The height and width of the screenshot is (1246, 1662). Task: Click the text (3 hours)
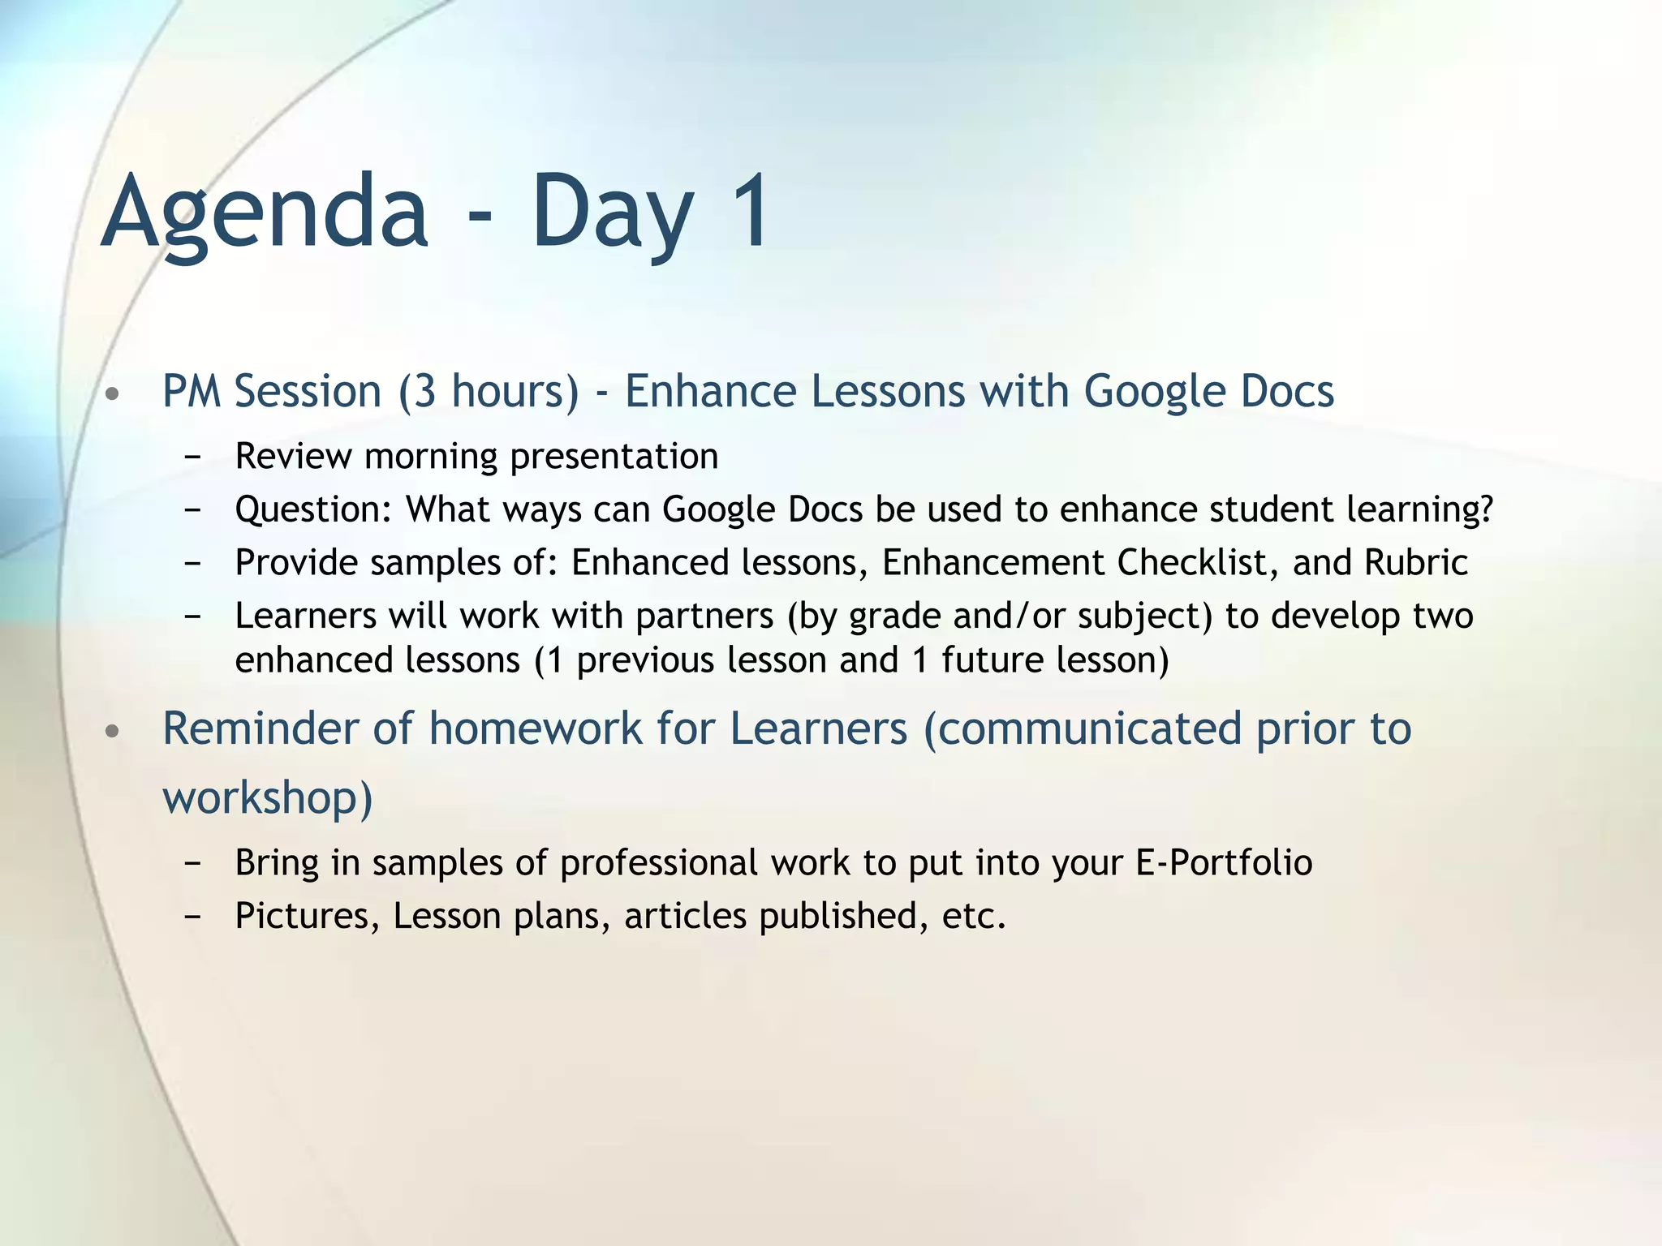[489, 392]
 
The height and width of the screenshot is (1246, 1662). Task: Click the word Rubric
[1415, 563]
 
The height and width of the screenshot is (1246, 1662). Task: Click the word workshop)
[268, 797]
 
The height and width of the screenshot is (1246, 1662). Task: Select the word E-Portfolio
[1223, 862]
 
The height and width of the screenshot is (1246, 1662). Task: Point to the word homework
[535, 728]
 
